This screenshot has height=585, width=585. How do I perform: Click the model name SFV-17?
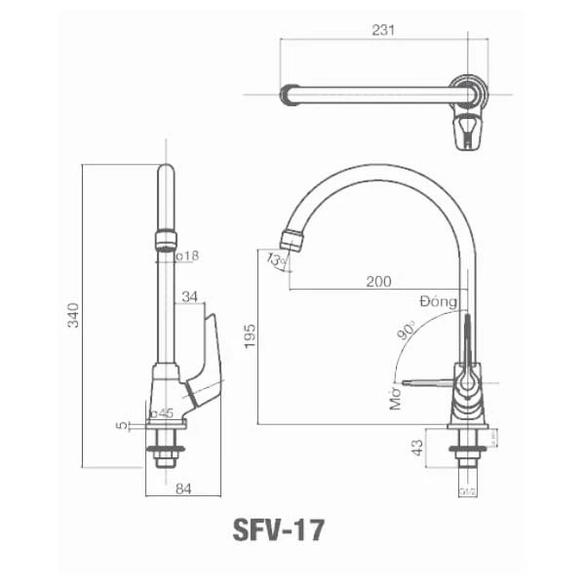[x=279, y=529]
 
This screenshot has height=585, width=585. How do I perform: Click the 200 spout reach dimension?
[x=378, y=281]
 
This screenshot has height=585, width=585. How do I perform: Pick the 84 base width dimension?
[x=183, y=489]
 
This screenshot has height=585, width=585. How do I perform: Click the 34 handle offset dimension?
[x=190, y=296]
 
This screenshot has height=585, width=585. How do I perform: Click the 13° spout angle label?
[x=276, y=260]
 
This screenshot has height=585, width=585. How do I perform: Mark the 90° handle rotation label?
[x=407, y=333]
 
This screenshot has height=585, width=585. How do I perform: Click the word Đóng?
[x=439, y=301]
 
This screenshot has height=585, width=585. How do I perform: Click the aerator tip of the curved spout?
[x=291, y=239]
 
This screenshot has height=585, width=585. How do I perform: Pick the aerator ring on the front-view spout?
[x=166, y=240]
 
